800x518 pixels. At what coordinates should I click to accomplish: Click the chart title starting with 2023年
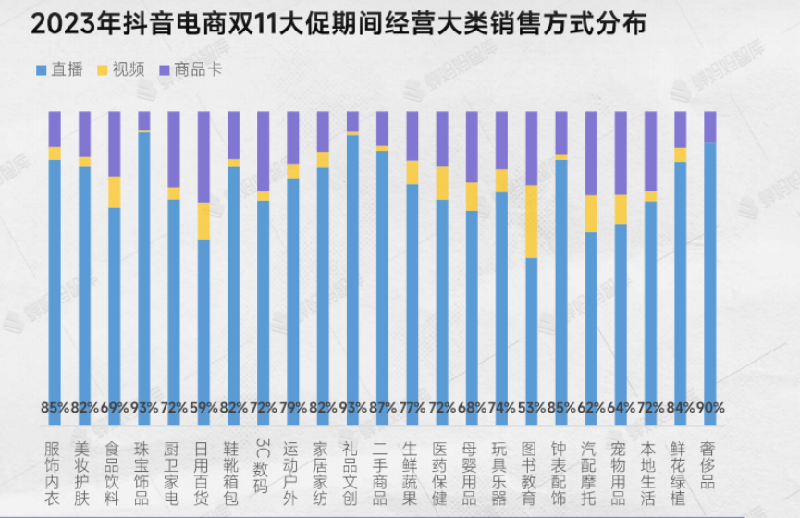(x=338, y=25)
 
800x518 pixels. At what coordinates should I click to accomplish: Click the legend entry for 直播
(x=60, y=69)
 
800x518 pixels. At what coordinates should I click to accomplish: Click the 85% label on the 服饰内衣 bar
(x=55, y=407)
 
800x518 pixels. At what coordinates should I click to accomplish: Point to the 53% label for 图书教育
(x=532, y=407)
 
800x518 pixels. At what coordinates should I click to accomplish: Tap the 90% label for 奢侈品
(x=710, y=407)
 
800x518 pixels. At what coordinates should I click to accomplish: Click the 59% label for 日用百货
(x=204, y=407)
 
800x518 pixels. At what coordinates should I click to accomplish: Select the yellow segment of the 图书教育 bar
(x=532, y=221)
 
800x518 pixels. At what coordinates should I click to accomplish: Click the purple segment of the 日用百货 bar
(x=204, y=156)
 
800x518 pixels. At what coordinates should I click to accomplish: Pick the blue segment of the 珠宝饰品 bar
(x=144, y=268)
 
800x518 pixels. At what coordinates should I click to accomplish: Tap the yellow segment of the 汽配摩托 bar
(x=591, y=214)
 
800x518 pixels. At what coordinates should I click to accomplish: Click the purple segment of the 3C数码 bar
(x=264, y=151)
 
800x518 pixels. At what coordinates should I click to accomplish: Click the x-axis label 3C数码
(x=264, y=467)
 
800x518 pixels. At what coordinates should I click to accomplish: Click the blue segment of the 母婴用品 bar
(x=472, y=305)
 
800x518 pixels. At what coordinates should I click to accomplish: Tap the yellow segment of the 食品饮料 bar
(x=115, y=191)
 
